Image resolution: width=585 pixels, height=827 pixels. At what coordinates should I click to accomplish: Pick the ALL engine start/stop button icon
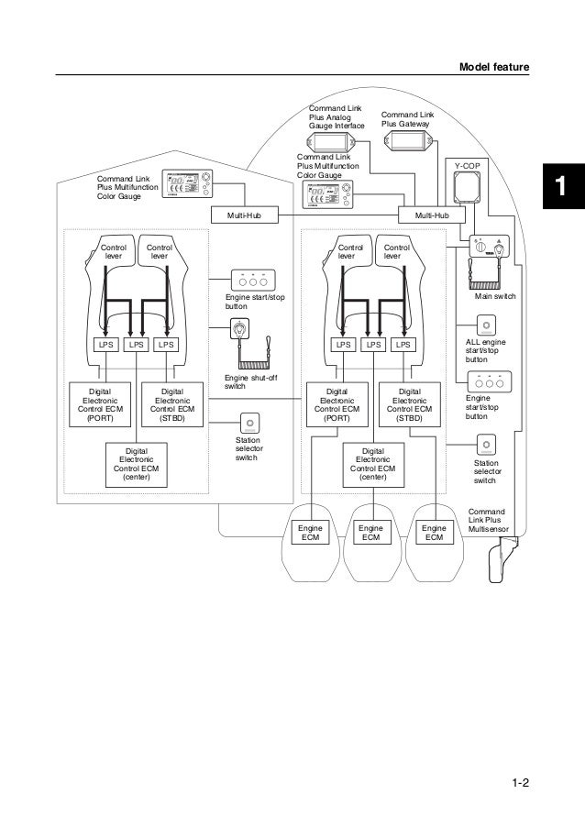484,326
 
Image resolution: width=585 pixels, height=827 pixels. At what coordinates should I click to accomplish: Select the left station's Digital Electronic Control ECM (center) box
137,464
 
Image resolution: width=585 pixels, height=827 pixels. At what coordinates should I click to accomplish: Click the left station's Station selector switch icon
249,423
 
